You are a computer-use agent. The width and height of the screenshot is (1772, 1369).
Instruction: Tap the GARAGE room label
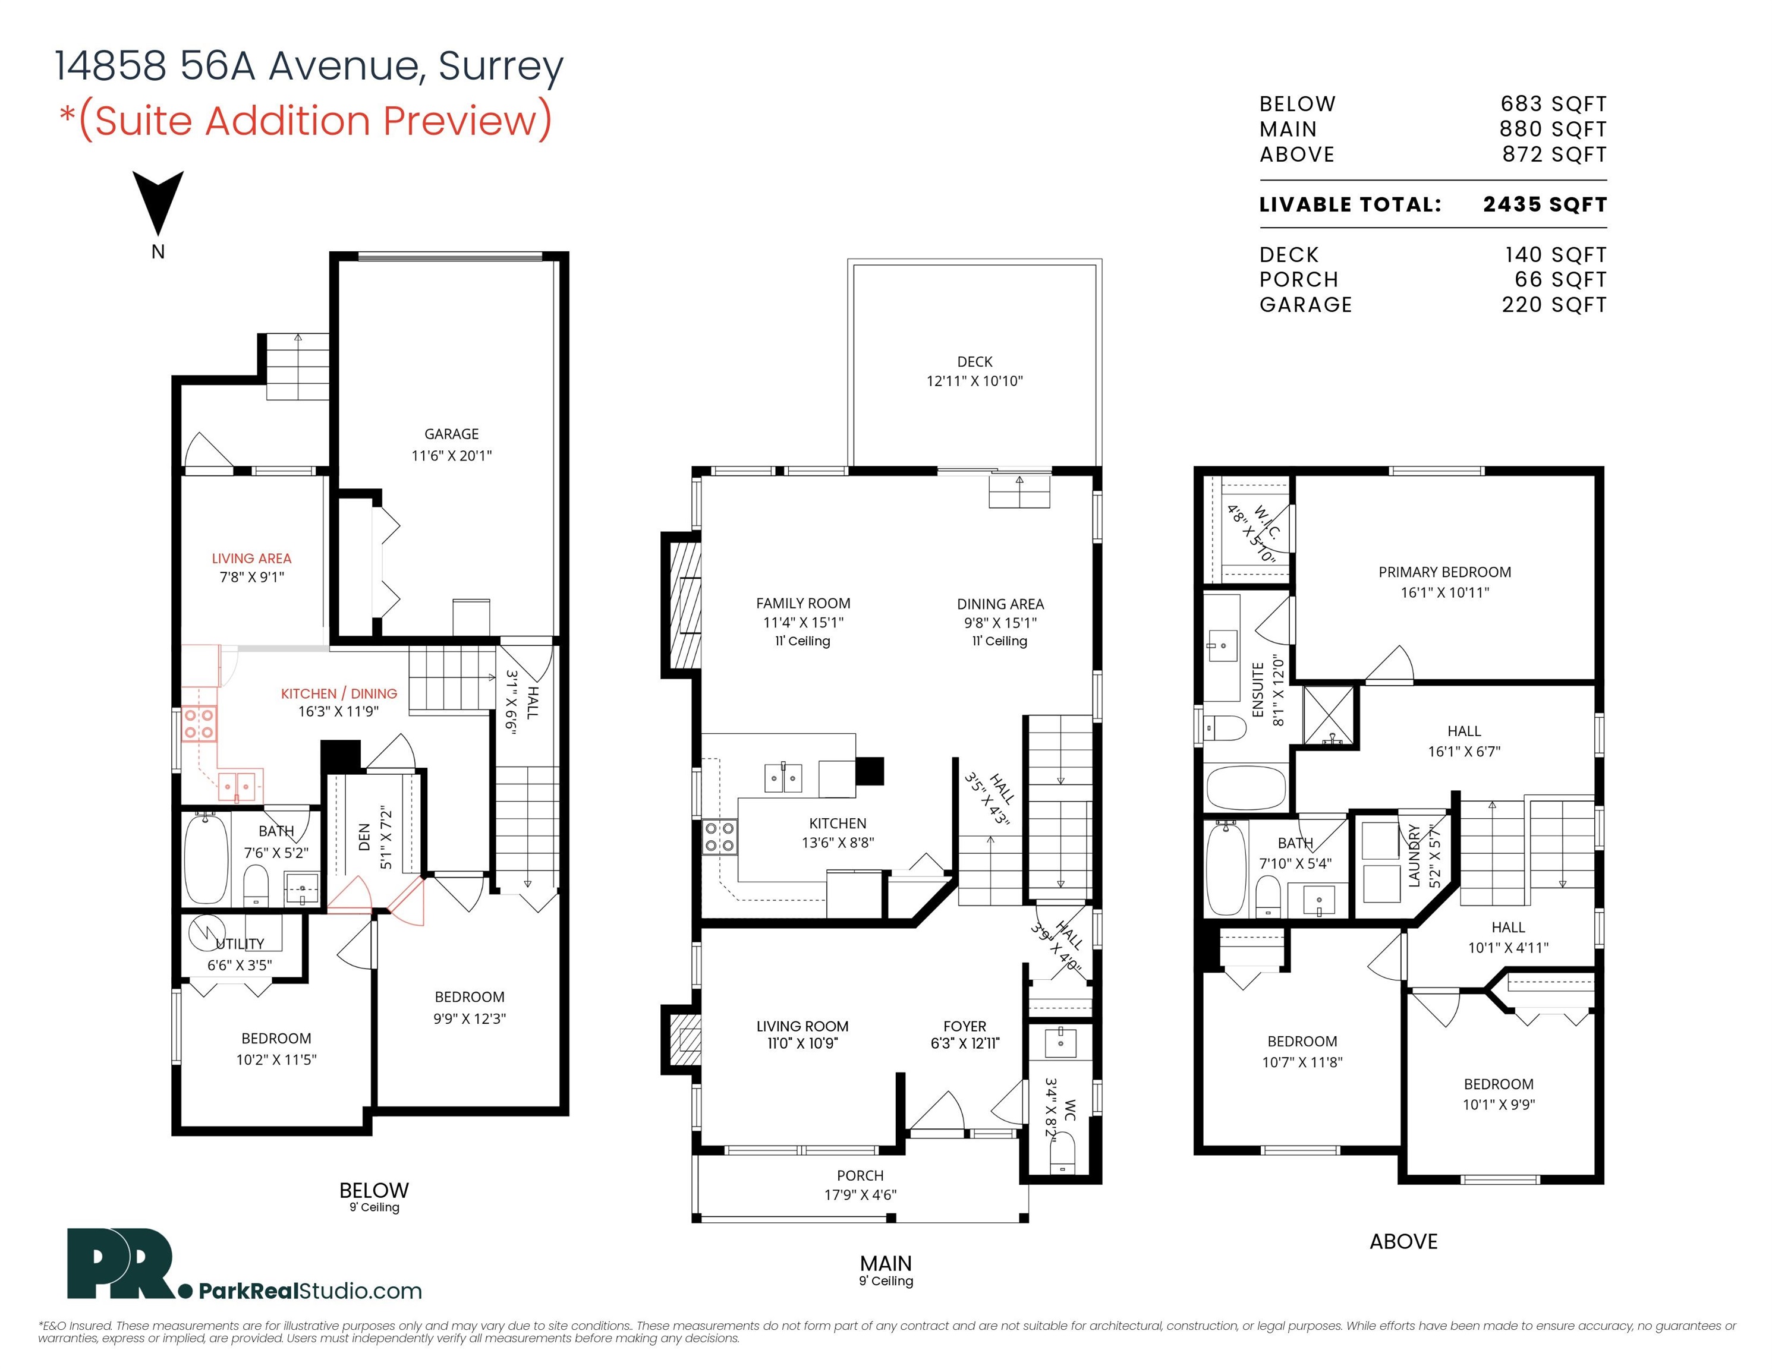click(x=451, y=434)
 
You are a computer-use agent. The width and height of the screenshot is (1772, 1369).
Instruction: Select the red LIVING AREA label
click(x=251, y=558)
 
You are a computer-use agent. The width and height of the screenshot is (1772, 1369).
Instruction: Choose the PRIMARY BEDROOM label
click(x=1444, y=572)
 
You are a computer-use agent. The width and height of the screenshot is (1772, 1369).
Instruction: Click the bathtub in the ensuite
click(x=1247, y=787)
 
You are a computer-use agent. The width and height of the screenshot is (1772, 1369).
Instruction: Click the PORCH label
click(x=860, y=1175)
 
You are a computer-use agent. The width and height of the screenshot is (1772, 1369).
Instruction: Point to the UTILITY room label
click(x=240, y=944)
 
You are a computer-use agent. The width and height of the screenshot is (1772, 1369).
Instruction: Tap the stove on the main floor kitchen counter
click(x=719, y=837)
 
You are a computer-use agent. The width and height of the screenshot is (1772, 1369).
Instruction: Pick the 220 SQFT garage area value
click(x=1554, y=304)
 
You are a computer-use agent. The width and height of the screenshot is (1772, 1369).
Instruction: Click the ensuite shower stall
click(x=1328, y=715)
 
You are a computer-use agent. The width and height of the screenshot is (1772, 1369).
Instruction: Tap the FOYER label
click(x=965, y=1026)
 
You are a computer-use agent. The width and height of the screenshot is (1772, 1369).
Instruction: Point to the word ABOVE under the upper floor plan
click(x=1403, y=1241)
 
